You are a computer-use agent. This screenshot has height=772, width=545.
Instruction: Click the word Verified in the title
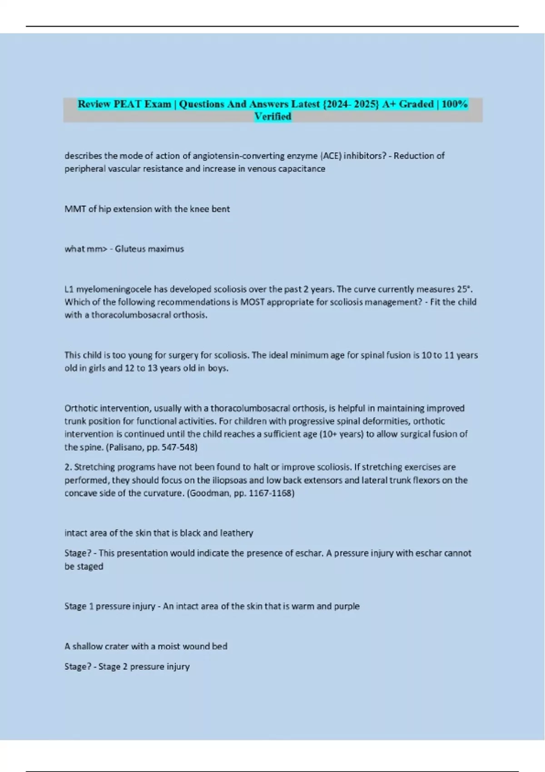[272, 116]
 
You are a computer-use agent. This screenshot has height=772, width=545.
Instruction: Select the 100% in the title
[454, 104]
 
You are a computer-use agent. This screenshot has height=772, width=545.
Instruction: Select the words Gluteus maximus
[149, 249]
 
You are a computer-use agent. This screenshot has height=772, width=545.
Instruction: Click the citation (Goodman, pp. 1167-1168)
[241, 493]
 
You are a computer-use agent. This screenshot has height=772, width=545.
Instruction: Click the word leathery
[236, 533]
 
